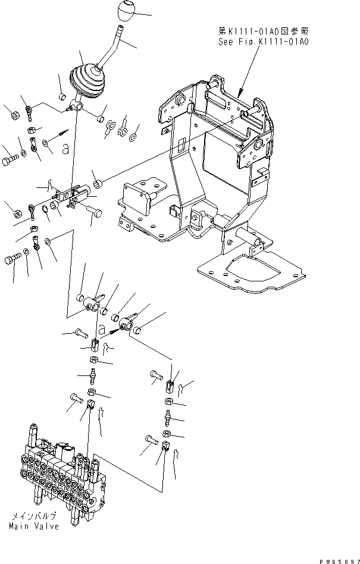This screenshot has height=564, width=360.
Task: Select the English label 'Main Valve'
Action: coord(34,528)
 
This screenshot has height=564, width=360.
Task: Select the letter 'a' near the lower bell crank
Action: coord(102,328)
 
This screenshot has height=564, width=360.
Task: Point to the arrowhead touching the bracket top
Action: coord(239,94)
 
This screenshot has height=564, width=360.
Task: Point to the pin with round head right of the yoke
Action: coord(93,211)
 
